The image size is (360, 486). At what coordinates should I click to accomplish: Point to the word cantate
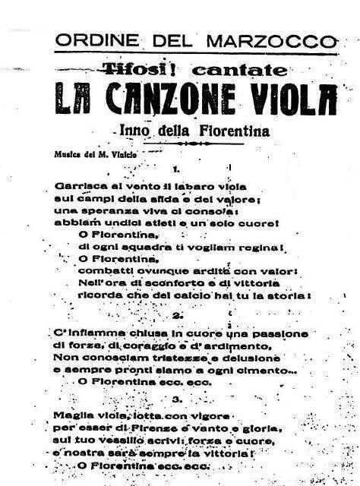240,69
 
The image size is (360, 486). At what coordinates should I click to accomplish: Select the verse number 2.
178,314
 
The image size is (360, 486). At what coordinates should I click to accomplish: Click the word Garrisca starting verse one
80,186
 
